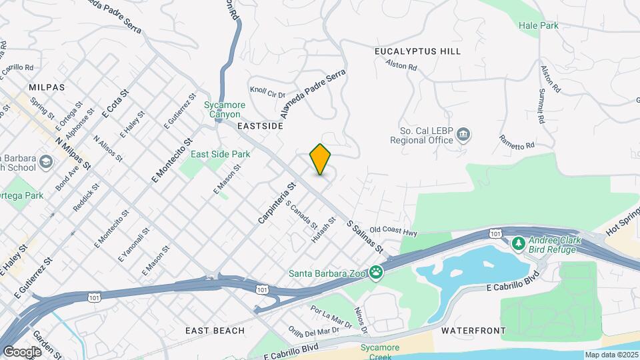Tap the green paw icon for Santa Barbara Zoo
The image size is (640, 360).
(377, 271)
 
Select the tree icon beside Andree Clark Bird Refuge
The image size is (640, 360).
(519, 244)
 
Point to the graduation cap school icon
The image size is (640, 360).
(45, 161)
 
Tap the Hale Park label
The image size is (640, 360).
(538, 25)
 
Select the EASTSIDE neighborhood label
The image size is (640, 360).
(261, 125)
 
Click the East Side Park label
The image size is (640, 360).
(220, 154)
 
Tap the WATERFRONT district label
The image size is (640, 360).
(473, 331)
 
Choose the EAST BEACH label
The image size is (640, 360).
(215, 331)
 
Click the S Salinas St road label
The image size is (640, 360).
(365, 237)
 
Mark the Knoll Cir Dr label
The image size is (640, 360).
(267, 91)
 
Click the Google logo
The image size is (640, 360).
(22, 351)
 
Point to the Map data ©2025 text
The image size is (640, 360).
(611, 355)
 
